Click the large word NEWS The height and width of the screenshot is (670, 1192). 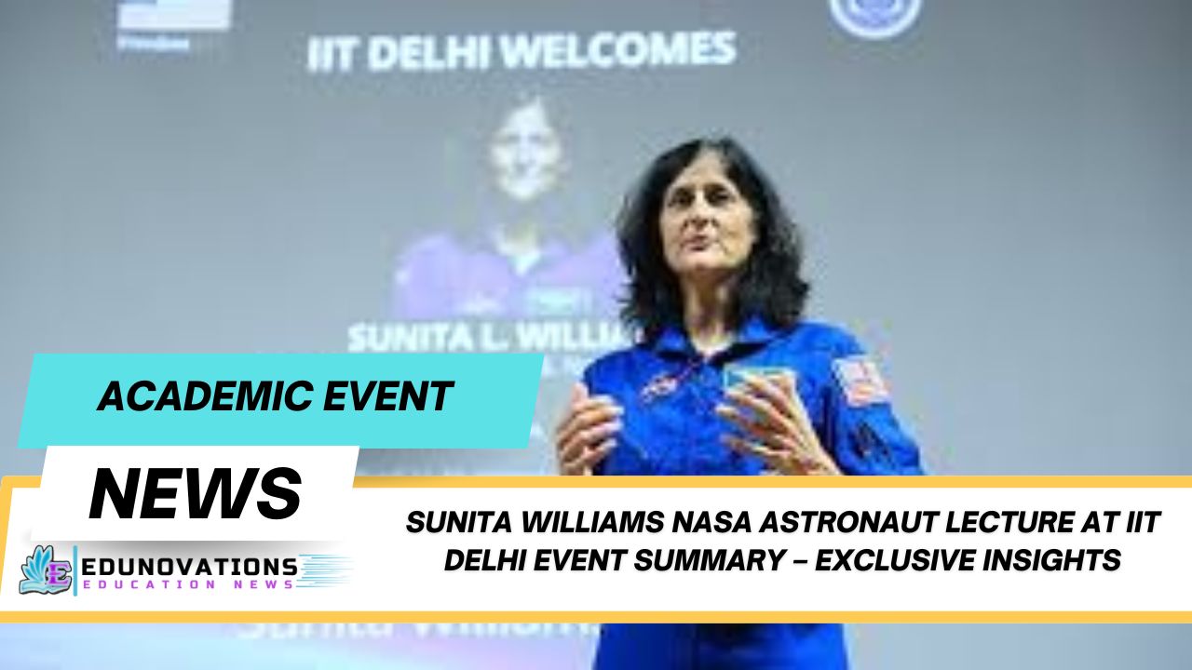196,492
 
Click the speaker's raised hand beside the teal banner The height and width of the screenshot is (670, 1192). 586,427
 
